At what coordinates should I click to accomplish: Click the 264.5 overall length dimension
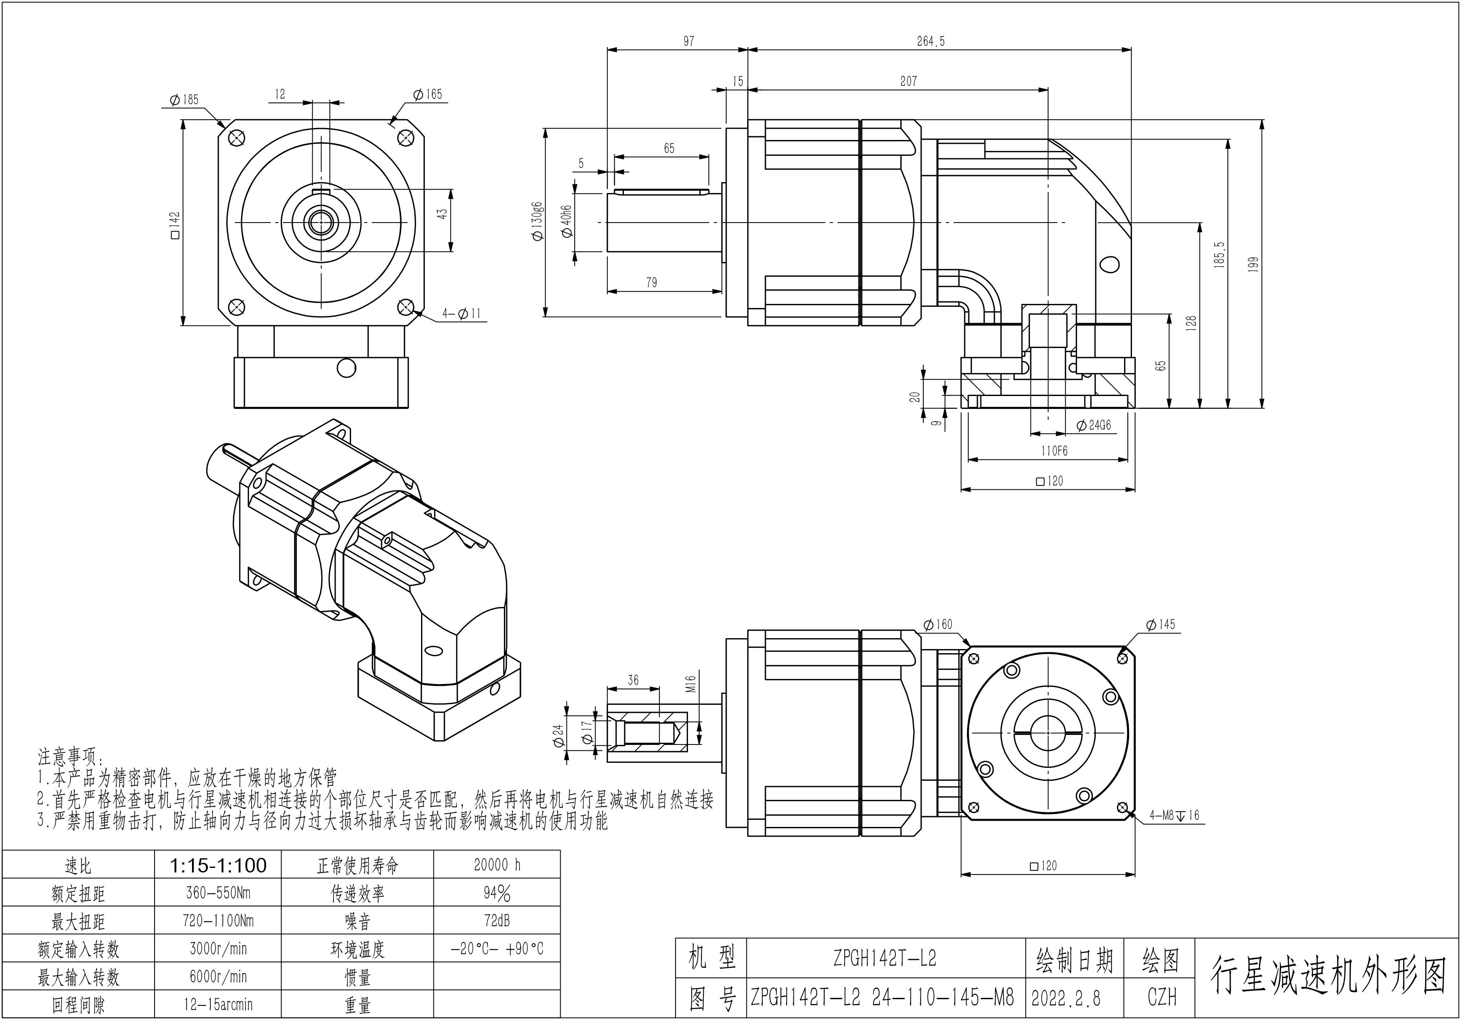pos(930,41)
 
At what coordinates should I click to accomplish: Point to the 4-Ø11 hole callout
pos(462,313)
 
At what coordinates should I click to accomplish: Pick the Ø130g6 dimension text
pos(538,222)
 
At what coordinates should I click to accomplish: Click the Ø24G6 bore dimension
pos(1093,425)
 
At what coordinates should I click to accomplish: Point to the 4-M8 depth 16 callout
pos(1174,815)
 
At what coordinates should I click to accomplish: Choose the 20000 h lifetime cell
pos(497,864)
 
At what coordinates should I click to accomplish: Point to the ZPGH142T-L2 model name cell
pos(885,958)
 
